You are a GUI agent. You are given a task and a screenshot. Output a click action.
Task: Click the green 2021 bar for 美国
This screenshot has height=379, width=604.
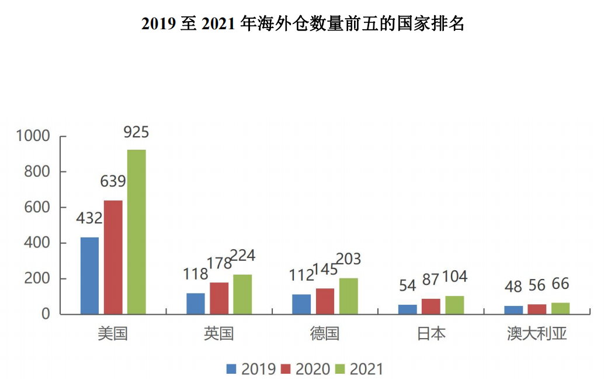(137, 232)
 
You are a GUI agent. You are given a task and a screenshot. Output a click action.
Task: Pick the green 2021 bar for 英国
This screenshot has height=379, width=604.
(242, 294)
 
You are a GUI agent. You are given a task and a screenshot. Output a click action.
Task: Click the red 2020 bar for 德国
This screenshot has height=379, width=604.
(325, 301)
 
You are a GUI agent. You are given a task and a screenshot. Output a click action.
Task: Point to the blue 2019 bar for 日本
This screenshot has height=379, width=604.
(407, 309)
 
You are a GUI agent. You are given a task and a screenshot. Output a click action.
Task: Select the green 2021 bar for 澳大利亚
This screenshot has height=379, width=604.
(560, 308)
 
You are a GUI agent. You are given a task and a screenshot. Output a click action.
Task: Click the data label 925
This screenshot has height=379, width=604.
(136, 132)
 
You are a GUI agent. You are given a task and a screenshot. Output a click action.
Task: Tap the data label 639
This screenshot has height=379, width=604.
(113, 182)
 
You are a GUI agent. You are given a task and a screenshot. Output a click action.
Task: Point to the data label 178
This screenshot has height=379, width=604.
(220, 263)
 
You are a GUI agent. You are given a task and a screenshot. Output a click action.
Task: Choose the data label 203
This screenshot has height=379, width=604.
(349, 259)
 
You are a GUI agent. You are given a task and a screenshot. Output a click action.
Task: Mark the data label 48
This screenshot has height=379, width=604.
(513, 286)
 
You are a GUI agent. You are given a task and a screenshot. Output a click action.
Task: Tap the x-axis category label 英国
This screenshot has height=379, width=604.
(219, 334)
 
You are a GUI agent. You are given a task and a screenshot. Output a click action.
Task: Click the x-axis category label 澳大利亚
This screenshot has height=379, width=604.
(537, 334)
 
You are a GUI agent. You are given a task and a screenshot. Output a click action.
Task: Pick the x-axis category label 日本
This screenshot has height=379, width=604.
(431, 334)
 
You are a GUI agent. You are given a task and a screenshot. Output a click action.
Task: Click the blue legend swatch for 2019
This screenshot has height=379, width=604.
(232, 369)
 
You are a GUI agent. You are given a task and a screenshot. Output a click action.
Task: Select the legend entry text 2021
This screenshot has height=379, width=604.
(366, 369)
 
